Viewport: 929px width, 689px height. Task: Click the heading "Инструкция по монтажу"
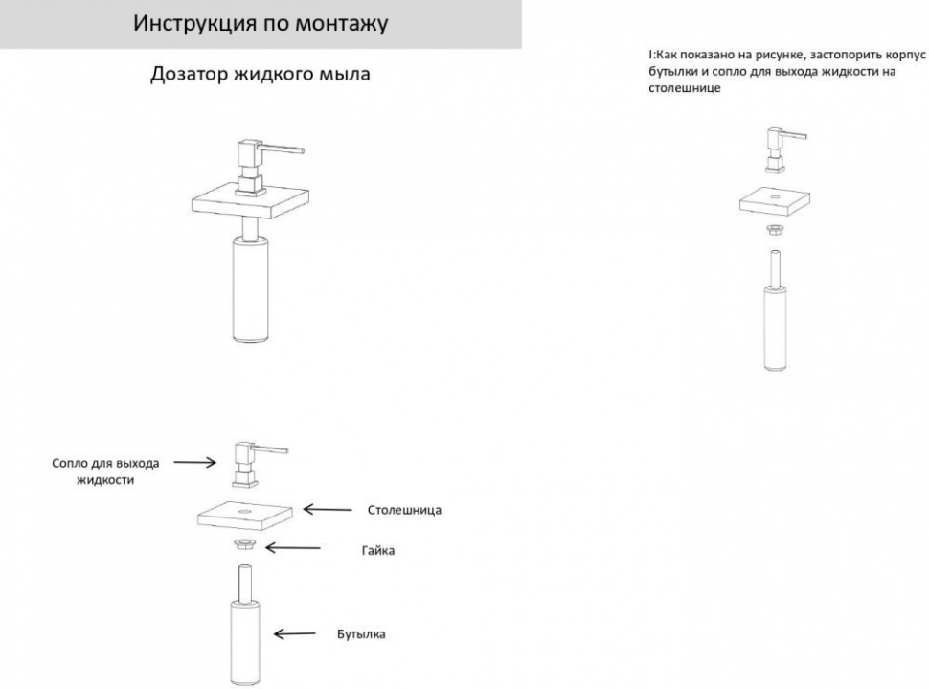tap(261, 23)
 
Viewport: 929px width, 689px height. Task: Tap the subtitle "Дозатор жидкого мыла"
tap(261, 74)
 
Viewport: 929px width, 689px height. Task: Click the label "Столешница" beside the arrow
tap(404, 510)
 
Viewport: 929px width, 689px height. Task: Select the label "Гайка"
tap(378, 550)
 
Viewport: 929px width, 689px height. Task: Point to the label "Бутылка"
tap(361, 633)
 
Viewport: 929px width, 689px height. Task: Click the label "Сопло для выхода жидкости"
tap(105, 471)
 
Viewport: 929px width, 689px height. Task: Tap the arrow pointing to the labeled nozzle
tap(195, 462)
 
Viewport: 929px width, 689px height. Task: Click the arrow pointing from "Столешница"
tap(328, 509)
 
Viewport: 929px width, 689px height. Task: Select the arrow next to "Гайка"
tap(293, 548)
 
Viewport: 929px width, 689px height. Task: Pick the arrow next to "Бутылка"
tap(294, 633)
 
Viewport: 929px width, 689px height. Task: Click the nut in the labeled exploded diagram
tap(244, 543)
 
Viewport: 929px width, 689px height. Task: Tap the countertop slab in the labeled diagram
tap(244, 515)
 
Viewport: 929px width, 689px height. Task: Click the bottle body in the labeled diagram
tap(244, 643)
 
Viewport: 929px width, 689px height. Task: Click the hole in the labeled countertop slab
tap(244, 510)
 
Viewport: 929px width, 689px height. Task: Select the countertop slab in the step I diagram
tap(775, 203)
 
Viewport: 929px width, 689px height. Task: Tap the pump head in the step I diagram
tap(783, 149)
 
